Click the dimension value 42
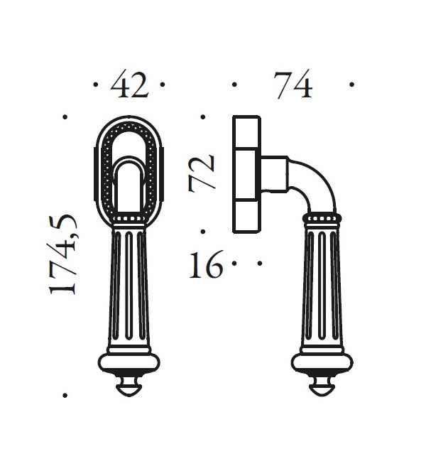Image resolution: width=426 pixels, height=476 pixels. click(x=130, y=85)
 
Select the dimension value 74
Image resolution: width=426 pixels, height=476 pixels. click(x=293, y=85)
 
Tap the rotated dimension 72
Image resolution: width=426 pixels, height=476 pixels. click(x=203, y=173)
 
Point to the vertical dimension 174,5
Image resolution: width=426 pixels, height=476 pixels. click(x=64, y=255)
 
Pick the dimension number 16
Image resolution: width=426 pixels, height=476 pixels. click(x=206, y=267)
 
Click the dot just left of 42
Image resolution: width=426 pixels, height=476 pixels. click(x=96, y=85)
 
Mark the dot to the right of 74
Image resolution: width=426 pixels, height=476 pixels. click(x=352, y=85)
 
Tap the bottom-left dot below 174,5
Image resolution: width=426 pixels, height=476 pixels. click(x=65, y=394)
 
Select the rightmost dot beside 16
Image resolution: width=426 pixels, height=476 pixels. click(x=260, y=263)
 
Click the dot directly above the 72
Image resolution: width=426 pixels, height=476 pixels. click(x=203, y=117)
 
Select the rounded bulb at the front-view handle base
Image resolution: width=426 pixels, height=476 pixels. click(x=129, y=364)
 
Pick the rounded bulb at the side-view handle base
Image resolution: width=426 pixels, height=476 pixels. click(x=322, y=364)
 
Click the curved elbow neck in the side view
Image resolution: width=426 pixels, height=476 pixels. click(x=312, y=182)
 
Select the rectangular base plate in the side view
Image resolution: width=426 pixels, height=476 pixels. click(x=246, y=174)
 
